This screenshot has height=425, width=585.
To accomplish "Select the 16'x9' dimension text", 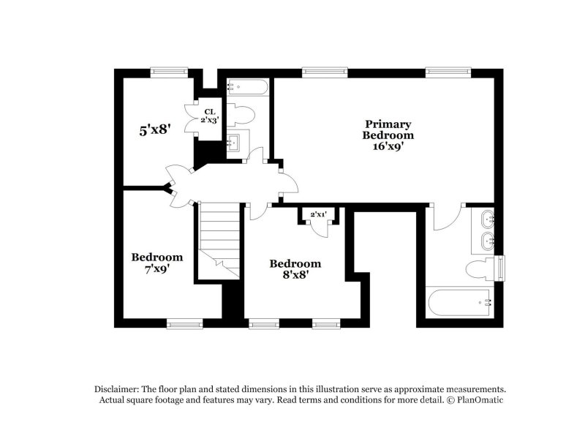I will tap(388, 146).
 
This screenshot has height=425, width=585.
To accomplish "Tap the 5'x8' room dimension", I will tap(155, 130).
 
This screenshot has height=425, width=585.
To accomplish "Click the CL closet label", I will tap(209, 111).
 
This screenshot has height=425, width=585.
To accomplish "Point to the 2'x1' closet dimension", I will tap(318, 214).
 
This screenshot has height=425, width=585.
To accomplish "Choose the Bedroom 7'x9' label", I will tap(157, 263).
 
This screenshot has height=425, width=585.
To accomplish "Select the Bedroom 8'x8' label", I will tap(295, 268).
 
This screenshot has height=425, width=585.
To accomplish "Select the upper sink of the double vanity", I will tap(489, 218).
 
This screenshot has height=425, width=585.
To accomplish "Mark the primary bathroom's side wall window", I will tap(501, 267).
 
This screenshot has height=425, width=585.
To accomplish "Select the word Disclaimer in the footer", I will tap(117, 389).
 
